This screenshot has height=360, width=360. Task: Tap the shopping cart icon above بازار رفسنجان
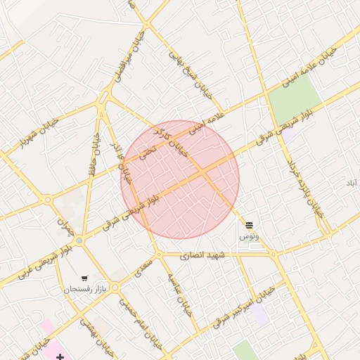click(x=85, y=278)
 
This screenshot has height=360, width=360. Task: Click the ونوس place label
click(x=249, y=236)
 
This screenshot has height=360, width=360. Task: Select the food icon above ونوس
click(x=250, y=225)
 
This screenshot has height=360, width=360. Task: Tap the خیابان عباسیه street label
click(x=179, y=295)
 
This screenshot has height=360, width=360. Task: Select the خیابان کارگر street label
click(x=179, y=138)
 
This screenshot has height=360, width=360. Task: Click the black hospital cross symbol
click(x=60, y=356)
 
